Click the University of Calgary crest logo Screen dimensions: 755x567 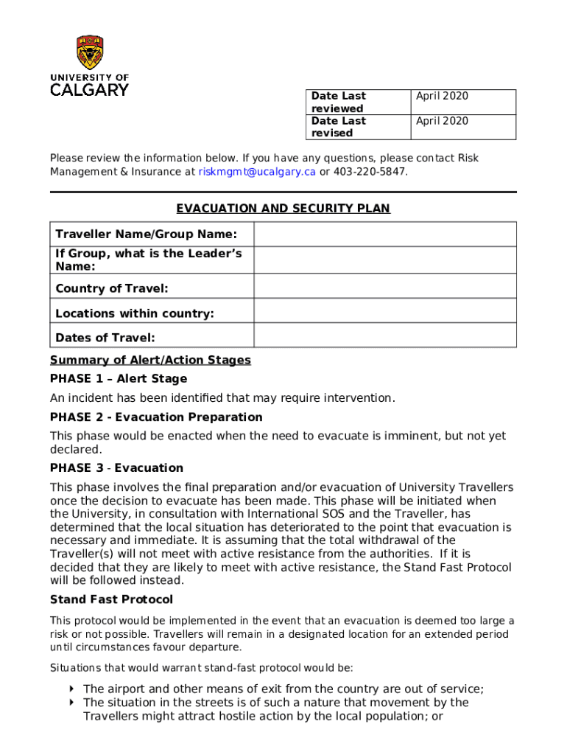(89, 52)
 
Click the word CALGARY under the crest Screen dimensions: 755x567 (89, 90)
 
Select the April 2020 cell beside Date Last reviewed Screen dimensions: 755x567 (462, 102)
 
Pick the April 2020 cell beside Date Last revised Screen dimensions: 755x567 (462, 127)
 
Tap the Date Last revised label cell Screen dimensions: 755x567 (357, 127)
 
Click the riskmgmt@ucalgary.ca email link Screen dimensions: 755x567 (257, 172)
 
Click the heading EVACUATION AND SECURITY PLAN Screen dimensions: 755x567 (283, 209)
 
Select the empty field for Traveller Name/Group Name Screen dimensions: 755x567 (385, 234)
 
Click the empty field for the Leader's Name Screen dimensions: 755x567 (385, 260)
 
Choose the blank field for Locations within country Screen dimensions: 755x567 (385, 312)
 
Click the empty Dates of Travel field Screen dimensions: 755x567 (385, 336)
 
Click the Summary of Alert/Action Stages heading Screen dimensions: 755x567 (150, 361)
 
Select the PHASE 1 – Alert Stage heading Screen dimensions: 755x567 (119, 379)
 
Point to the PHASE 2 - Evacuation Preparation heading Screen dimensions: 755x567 (156, 417)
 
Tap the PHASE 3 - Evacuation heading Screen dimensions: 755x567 (116, 468)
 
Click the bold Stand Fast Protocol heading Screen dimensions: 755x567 (111, 599)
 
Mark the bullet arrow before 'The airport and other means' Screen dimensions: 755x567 (71, 689)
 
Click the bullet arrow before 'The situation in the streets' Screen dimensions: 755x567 (71, 703)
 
